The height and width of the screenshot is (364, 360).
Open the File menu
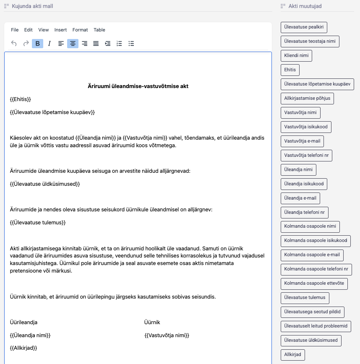[15, 30]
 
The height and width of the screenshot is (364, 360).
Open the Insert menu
[60, 30]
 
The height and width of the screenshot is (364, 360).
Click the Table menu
[99, 30]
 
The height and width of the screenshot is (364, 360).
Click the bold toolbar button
[38, 44]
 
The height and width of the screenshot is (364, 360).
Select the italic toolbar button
[49, 44]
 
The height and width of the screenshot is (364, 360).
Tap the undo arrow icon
[14, 44]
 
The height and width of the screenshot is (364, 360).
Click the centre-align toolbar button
[73, 44]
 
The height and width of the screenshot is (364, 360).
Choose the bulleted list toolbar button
[131, 44]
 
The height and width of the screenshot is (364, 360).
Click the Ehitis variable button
[290, 70]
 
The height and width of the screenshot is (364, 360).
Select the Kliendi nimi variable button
[296, 56]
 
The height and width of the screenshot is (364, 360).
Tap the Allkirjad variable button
[292, 355]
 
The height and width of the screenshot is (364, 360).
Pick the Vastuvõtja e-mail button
[302, 141]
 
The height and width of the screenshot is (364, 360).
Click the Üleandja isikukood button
[304, 184]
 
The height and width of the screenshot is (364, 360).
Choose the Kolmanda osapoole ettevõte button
[314, 283]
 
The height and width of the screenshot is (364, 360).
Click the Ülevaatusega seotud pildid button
[312, 312]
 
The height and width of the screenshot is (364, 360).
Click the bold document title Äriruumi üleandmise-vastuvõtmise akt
[138, 86]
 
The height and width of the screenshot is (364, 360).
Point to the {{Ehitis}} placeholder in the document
[21, 99]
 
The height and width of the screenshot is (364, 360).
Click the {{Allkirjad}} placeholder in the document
[23, 348]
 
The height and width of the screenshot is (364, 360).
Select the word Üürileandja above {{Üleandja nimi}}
[23, 322]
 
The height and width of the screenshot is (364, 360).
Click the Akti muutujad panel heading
[305, 6]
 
